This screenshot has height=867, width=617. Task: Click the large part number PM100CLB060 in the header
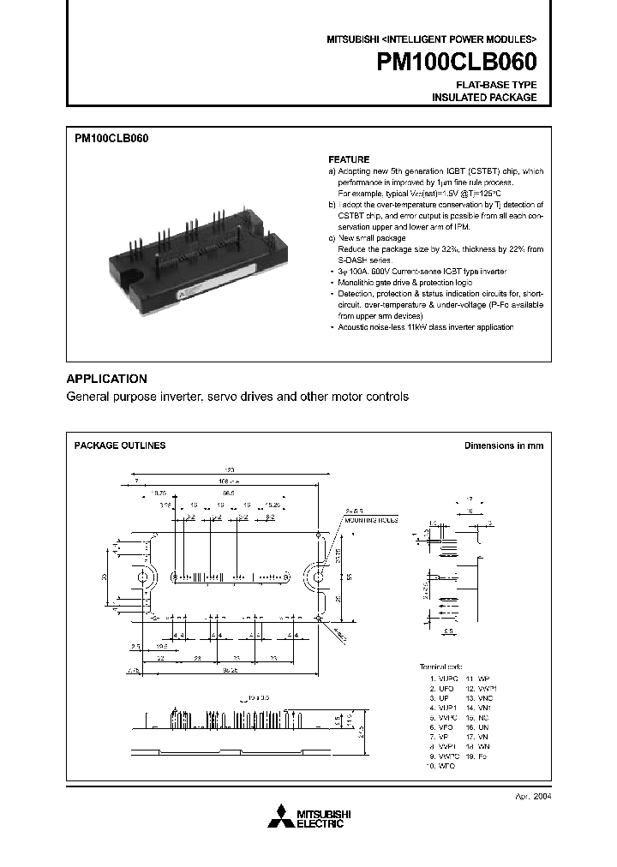(x=457, y=63)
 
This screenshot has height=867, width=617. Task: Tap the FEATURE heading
(x=349, y=160)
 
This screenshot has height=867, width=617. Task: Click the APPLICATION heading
(x=107, y=379)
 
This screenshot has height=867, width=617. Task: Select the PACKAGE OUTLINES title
(x=120, y=445)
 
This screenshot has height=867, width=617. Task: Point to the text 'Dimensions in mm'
(x=504, y=445)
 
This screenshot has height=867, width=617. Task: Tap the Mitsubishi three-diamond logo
(x=279, y=818)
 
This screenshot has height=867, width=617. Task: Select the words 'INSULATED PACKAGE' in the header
(x=484, y=98)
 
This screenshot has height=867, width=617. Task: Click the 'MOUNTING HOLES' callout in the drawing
(x=374, y=519)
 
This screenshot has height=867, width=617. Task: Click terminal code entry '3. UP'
(x=440, y=699)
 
